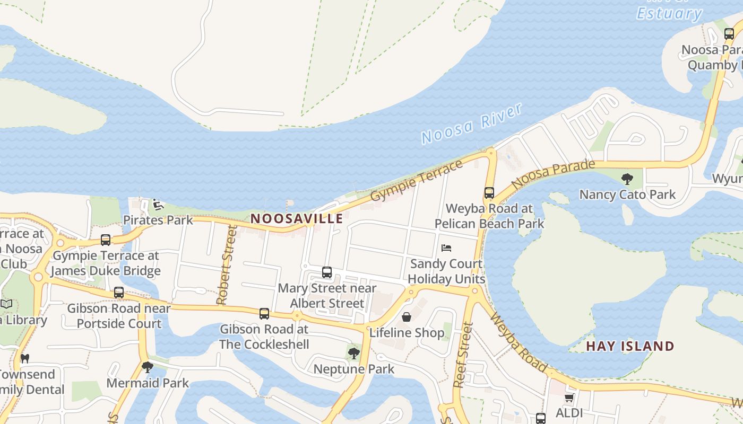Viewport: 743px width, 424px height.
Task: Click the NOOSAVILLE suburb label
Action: tap(297, 218)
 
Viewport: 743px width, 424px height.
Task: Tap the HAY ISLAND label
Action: tap(630, 347)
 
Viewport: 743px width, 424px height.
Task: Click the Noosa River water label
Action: tap(472, 124)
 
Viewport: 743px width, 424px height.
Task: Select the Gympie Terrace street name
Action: tap(416, 181)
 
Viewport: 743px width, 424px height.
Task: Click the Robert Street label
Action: tap(226, 265)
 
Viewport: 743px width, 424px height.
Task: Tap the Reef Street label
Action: tap(463, 355)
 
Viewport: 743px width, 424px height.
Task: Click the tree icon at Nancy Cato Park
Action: tap(627, 179)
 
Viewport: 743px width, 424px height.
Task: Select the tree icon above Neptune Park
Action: tap(353, 353)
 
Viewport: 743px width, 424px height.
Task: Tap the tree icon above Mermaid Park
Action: tap(148, 367)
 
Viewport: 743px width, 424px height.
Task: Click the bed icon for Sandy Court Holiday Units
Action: tap(446, 248)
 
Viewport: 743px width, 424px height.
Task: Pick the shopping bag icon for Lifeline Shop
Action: tap(407, 317)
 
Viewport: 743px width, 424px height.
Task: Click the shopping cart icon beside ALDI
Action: tap(569, 397)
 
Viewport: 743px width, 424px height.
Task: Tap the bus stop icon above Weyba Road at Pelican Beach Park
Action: tap(489, 193)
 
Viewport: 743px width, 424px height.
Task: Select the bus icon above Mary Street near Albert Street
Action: tap(327, 272)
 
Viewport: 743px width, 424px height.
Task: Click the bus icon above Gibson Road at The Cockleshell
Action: tap(264, 313)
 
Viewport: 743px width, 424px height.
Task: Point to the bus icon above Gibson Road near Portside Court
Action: tap(119, 293)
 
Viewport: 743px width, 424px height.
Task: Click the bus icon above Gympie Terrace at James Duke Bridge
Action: tap(106, 240)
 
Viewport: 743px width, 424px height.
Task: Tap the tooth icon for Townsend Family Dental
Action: tap(24, 358)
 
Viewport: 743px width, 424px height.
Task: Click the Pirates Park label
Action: tap(158, 220)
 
